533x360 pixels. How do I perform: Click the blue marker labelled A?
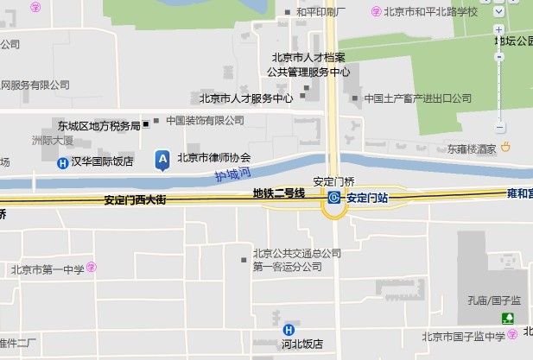click(162, 159)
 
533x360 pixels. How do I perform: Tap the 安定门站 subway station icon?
click(334, 199)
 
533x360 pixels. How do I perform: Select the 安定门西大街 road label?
click(134, 200)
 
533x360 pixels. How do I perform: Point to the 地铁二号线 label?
click(279, 194)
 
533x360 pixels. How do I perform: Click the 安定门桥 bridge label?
click(333, 182)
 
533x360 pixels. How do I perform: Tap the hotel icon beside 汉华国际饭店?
click(62, 162)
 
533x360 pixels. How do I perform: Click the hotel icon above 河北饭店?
click(289, 329)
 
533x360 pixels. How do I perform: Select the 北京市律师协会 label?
click(213, 157)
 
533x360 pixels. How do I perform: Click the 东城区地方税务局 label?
click(98, 126)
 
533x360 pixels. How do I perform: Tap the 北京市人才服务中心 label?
click(246, 98)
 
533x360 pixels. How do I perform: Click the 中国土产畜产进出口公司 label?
click(417, 98)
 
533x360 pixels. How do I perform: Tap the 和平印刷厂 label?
click(320, 13)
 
